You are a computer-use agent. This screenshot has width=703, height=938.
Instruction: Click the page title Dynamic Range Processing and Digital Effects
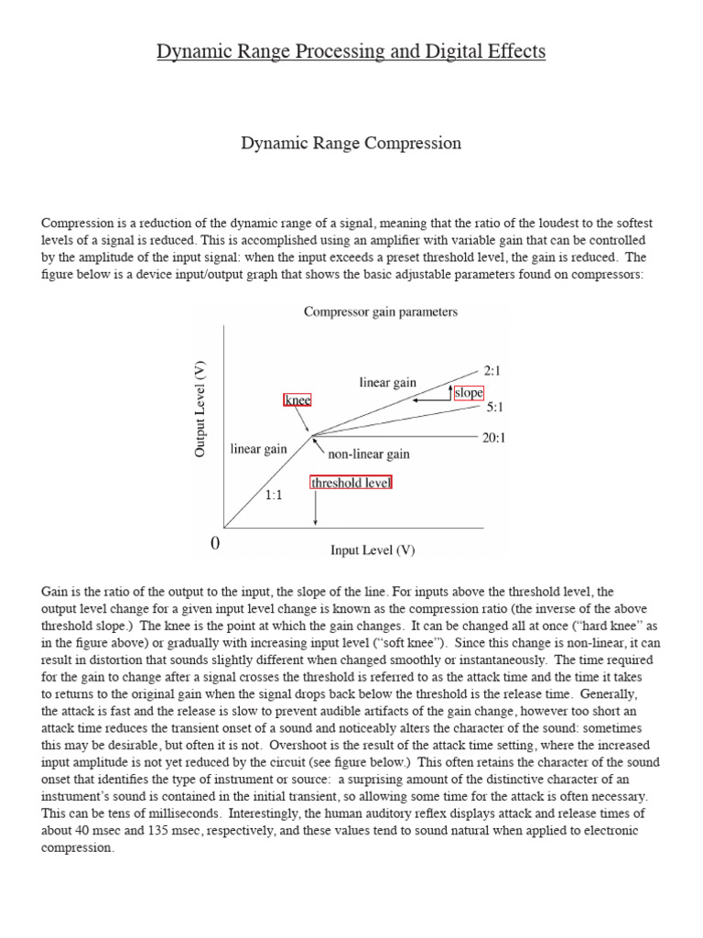tap(351, 52)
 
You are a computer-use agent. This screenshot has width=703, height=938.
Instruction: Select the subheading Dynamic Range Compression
tap(351, 144)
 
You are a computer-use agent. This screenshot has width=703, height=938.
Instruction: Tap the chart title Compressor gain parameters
tap(381, 311)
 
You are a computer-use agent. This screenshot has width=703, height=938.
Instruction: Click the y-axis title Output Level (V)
tap(201, 408)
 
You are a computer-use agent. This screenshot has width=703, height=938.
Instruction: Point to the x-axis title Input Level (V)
tap(373, 551)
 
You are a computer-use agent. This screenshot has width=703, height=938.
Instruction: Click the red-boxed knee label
tap(297, 400)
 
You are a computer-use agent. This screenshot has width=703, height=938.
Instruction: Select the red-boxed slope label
tap(469, 392)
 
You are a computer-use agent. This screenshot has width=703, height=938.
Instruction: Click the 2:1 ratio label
tap(493, 371)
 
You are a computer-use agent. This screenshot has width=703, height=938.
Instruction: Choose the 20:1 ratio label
tap(493, 438)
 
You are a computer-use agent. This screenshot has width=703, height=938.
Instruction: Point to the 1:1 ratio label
tap(274, 495)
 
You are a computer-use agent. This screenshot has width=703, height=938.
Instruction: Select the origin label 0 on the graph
tap(216, 544)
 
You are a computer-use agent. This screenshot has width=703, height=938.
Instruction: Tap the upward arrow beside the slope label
tap(449, 392)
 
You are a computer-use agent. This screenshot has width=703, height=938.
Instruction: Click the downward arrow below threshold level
tap(316, 507)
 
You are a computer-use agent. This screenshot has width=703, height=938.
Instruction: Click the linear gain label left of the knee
tap(259, 449)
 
